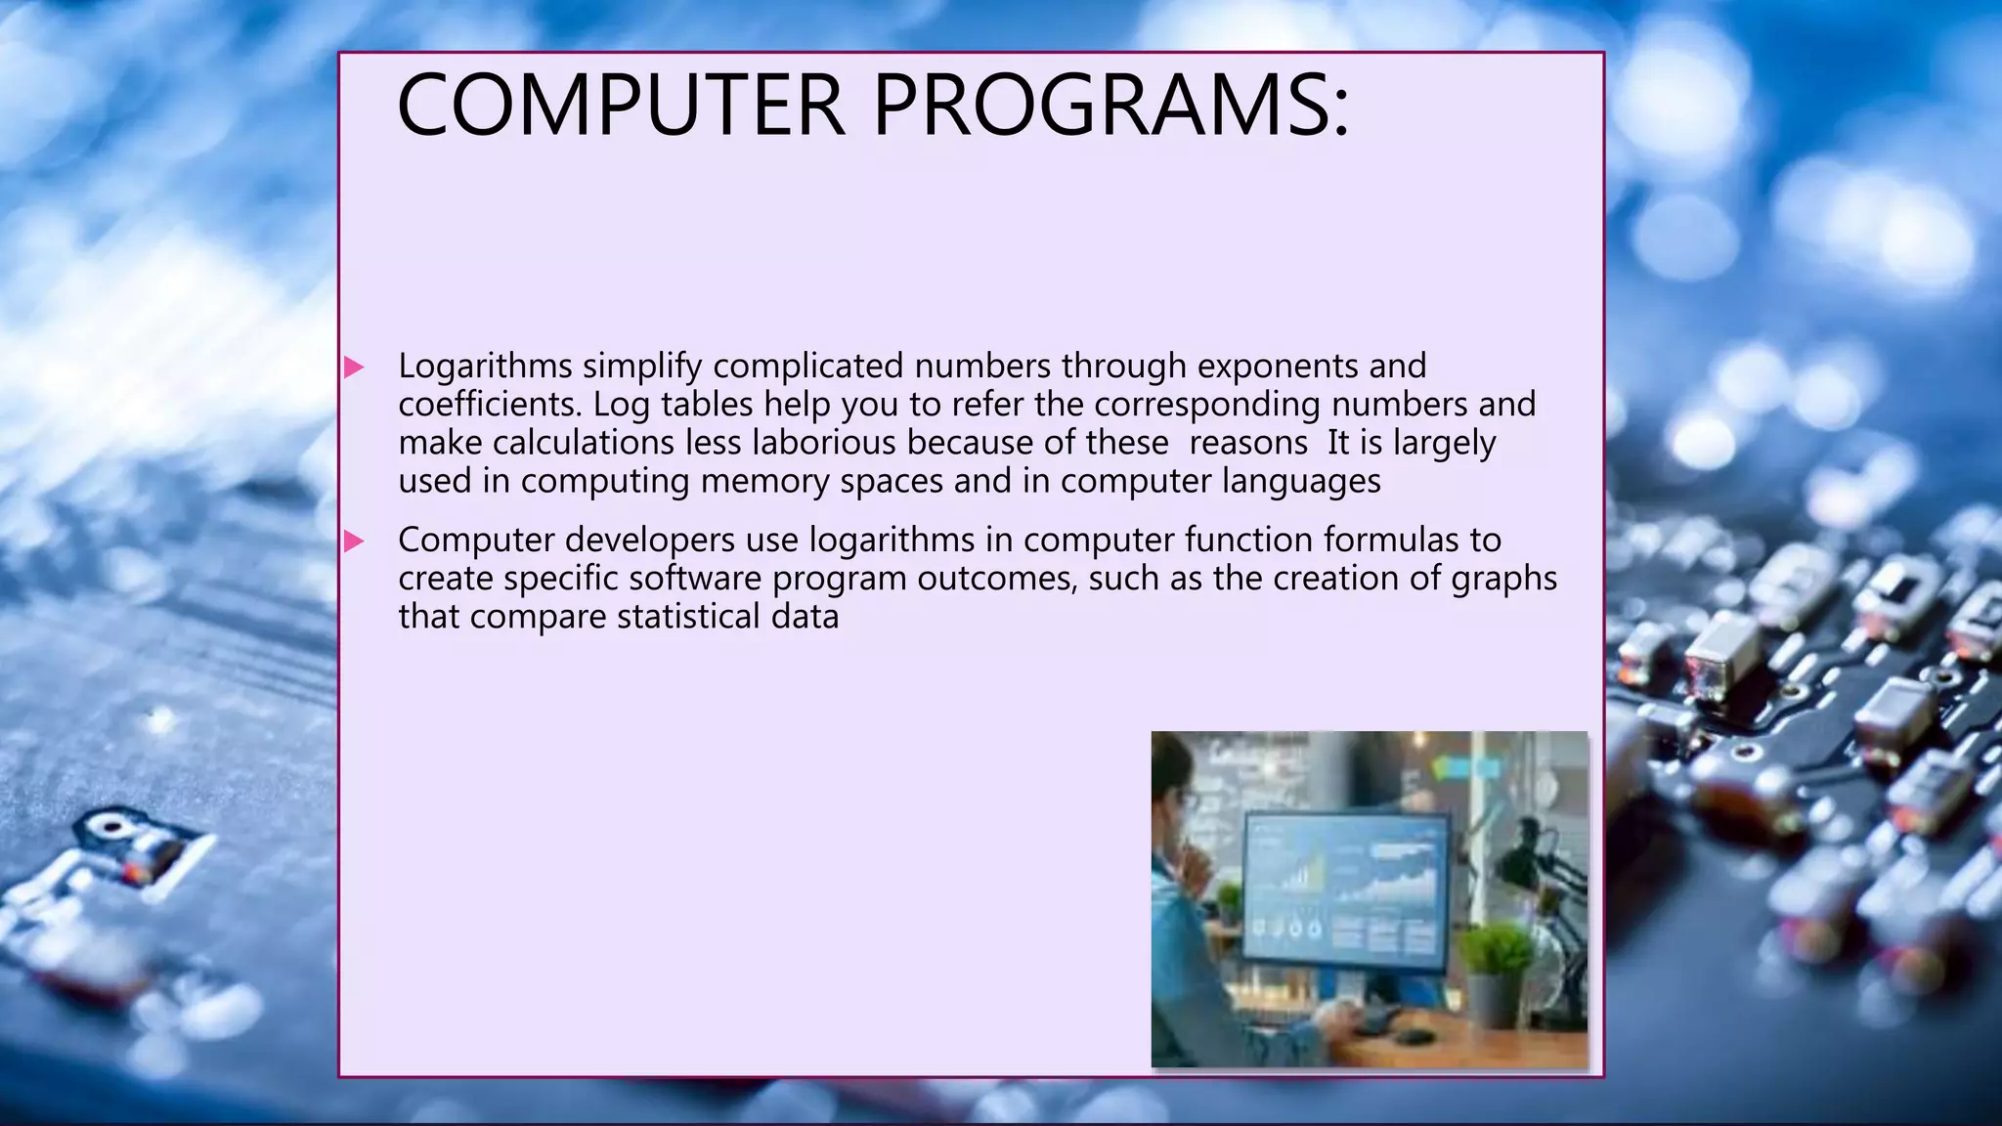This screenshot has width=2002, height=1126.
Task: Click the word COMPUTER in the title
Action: point(620,105)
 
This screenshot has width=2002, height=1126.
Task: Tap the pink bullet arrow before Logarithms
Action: point(354,368)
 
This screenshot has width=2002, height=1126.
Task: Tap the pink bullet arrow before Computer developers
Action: point(354,541)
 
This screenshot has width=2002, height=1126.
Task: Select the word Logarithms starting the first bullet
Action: point(485,367)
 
